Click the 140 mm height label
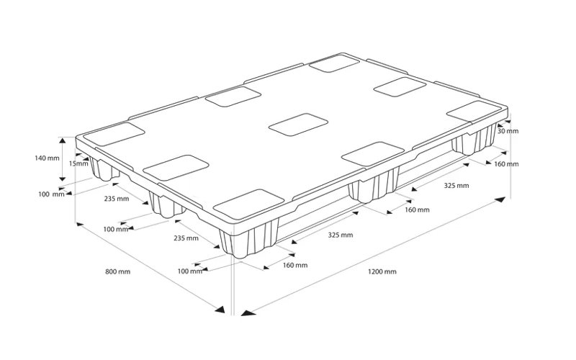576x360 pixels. click(x=47, y=158)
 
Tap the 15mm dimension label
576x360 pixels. click(x=79, y=163)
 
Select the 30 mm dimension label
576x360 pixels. click(x=508, y=131)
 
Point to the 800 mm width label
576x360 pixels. click(x=118, y=272)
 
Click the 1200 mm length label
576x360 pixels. click(x=382, y=272)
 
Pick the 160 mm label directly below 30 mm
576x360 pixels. click(x=506, y=164)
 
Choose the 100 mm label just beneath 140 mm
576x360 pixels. click(x=51, y=194)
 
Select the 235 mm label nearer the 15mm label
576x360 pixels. click(x=117, y=199)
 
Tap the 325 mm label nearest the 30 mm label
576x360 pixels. click(x=456, y=186)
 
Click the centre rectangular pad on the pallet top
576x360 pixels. click(x=298, y=125)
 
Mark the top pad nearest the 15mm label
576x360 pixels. click(x=114, y=134)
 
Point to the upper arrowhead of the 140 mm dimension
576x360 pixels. click(x=63, y=140)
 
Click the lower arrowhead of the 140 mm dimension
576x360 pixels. click(x=63, y=179)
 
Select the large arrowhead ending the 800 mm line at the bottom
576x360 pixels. click(x=220, y=310)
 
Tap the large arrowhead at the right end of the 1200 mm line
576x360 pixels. click(x=500, y=200)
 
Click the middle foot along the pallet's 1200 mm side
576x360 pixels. click(x=374, y=186)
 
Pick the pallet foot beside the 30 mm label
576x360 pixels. click(x=474, y=140)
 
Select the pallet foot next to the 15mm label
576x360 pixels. click(x=104, y=170)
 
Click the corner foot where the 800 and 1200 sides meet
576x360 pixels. click(x=248, y=238)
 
